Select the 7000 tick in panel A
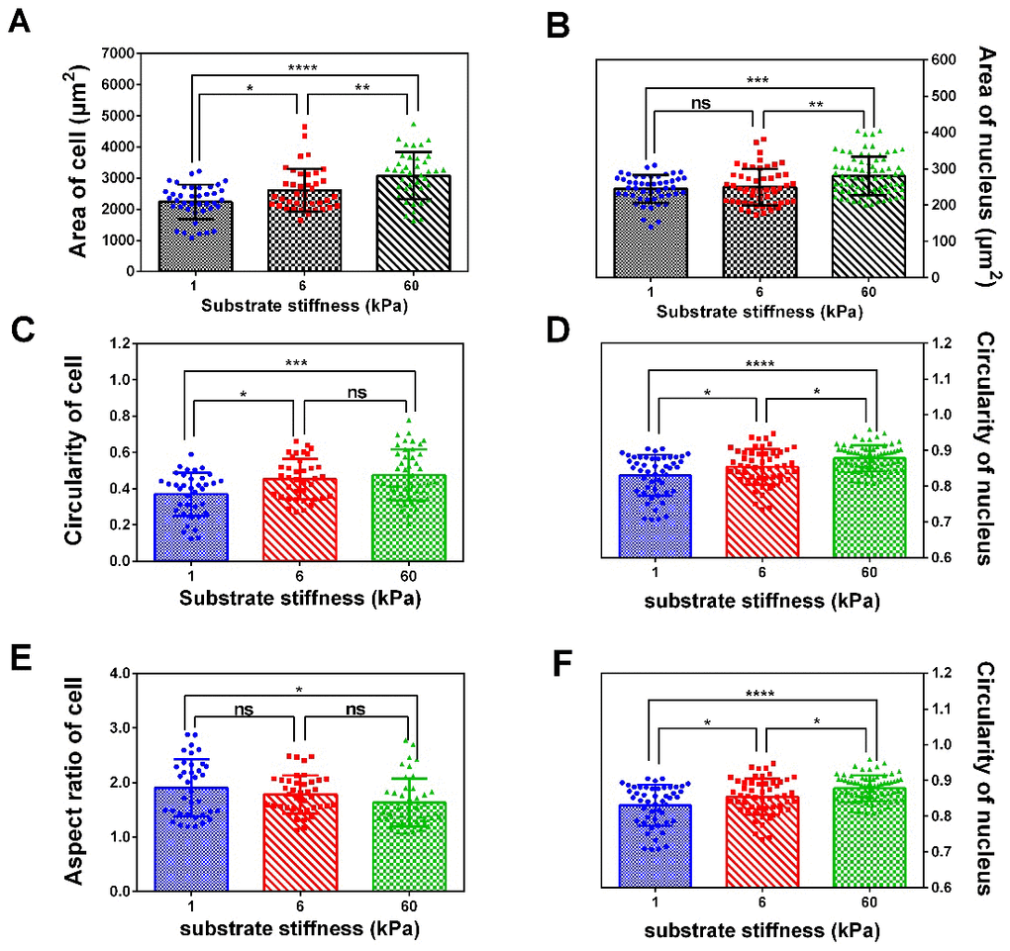pyautogui.click(x=117, y=53)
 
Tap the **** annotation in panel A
pyautogui.click(x=303, y=68)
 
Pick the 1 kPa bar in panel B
pyautogui.click(x=650, y=232)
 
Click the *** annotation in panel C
pyautogui.click(x=297, y=363)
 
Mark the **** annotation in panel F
pyautogui.click(x=758, y=693)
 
